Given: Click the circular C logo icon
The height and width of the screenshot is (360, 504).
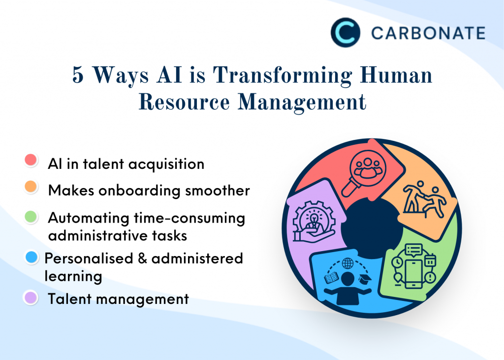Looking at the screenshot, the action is coord(345,33).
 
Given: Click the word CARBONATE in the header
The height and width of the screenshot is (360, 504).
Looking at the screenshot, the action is coord(428,33).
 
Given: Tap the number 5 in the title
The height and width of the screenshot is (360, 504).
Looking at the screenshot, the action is coord(78,75).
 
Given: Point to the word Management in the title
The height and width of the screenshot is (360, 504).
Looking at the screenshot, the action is coord(302,103).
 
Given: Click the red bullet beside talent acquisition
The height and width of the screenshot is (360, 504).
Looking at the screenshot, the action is coord(31,160).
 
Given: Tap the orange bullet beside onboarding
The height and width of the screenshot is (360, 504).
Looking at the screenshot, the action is coord(31,187).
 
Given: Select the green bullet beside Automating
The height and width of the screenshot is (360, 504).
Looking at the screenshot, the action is coord(31,217).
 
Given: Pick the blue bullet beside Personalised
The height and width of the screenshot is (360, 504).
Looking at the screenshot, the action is coord(31,258).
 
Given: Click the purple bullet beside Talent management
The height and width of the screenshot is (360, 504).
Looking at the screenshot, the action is coord(31,297).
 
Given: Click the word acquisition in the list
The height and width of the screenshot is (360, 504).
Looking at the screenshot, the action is coord(166,164).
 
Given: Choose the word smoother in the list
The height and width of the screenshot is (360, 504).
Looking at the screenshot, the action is coord(217,191).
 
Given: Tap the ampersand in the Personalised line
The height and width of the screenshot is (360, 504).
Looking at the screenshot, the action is coord(142,259).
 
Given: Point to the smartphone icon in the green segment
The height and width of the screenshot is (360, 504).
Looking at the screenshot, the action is coord(413,274).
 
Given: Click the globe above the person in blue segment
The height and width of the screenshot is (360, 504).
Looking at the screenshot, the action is coord(347,263).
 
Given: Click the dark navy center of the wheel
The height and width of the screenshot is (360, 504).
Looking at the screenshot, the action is coord(372,228).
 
